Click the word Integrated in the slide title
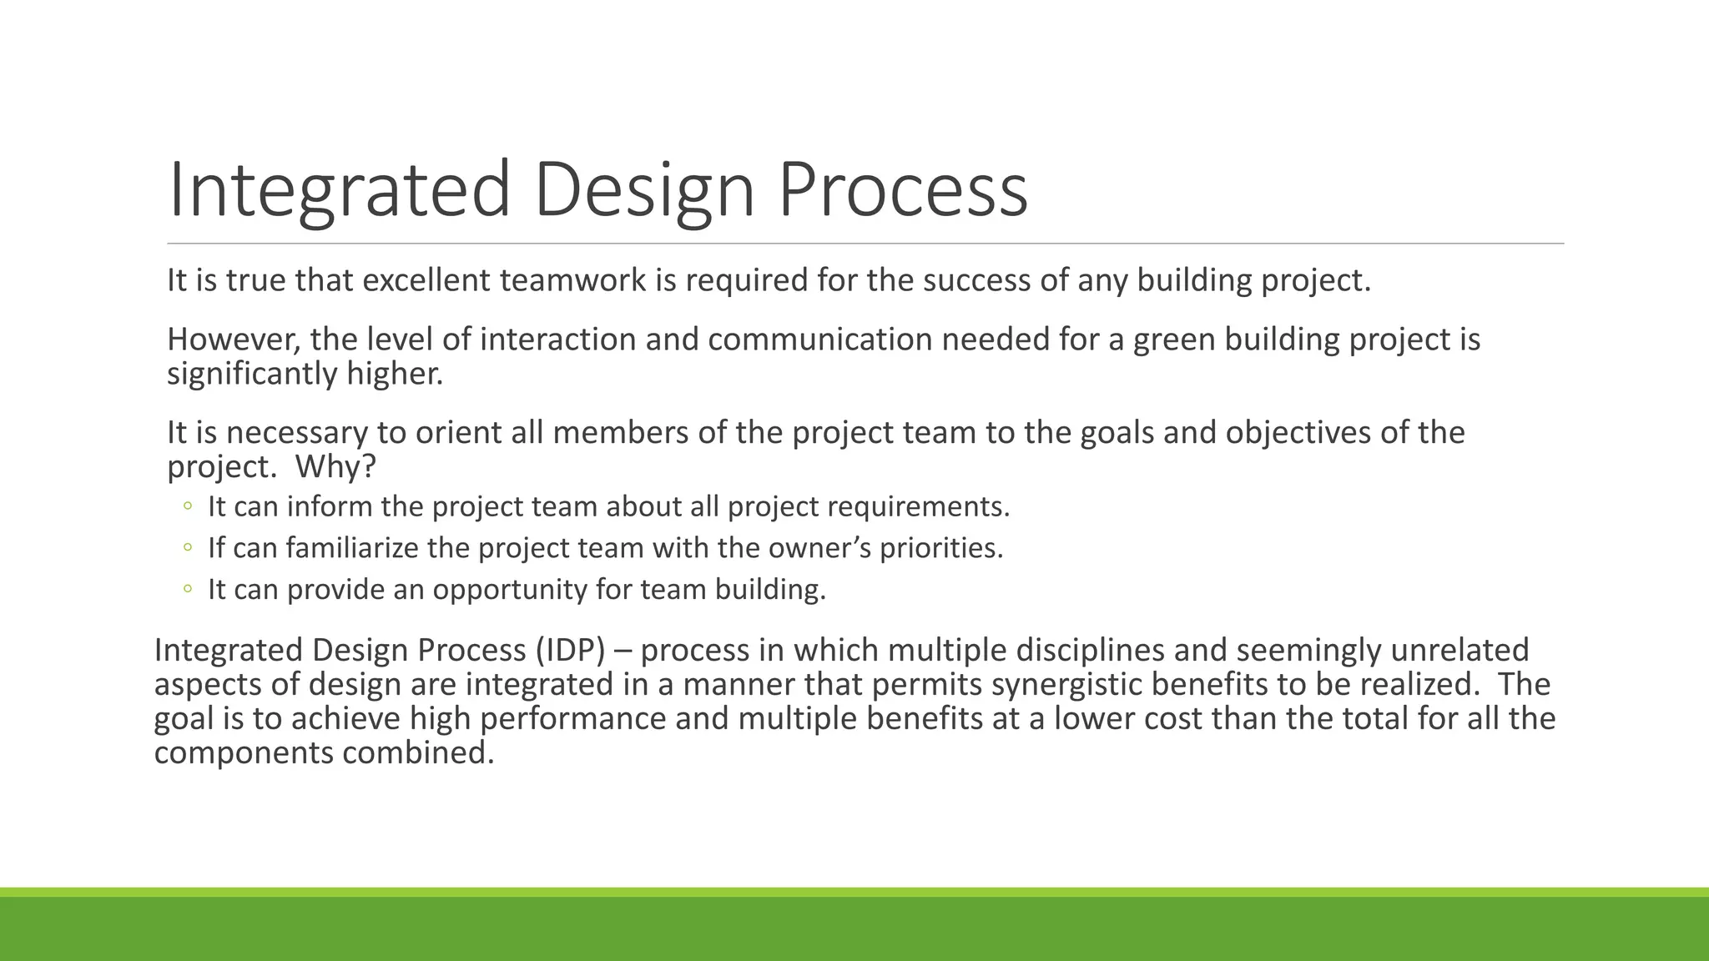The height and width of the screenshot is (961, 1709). coord(339,190)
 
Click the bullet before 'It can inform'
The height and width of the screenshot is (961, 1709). coord(188,506)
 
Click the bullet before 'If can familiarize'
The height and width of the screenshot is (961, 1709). coord(188,547)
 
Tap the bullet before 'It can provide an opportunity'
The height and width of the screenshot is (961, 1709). coord(188,589)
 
